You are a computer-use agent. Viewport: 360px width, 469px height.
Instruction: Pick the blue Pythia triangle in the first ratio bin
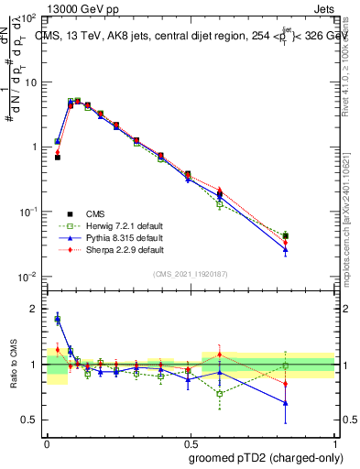coord(58,320)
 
